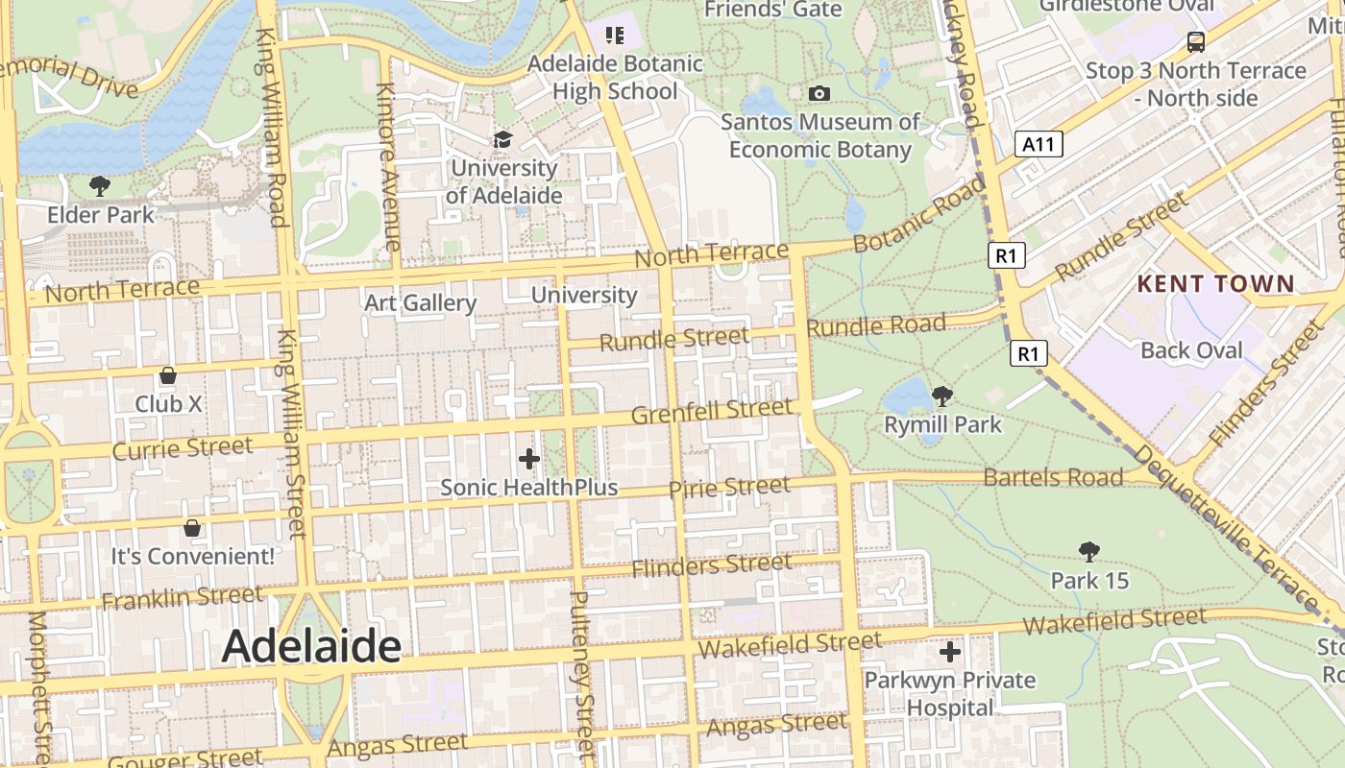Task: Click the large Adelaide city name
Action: (x=311, y=647)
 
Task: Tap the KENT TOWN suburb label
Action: (x=1215, y=284)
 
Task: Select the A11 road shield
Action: (x=1039, y=145)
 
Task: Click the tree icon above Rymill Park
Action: (x=942, y=396)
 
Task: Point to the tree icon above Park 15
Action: (x=1088, y=552)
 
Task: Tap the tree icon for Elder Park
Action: (x=99, y=186)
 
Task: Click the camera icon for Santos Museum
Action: (x=819, y=93)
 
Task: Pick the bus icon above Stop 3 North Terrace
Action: (x=1195, y=41)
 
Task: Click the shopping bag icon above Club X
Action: (x=168, y=375)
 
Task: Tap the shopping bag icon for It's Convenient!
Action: (x=192, y=528)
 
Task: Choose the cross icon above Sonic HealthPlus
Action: (x=528, y=459)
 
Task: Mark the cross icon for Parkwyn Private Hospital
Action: (x=950, y=653)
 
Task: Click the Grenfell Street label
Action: (x=712, y=412)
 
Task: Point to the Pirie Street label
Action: (x=729, y=488)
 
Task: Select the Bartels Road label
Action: (x=1053, y=477)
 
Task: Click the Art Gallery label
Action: (x=420, y=303)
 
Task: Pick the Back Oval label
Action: (x=1191, y=350)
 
